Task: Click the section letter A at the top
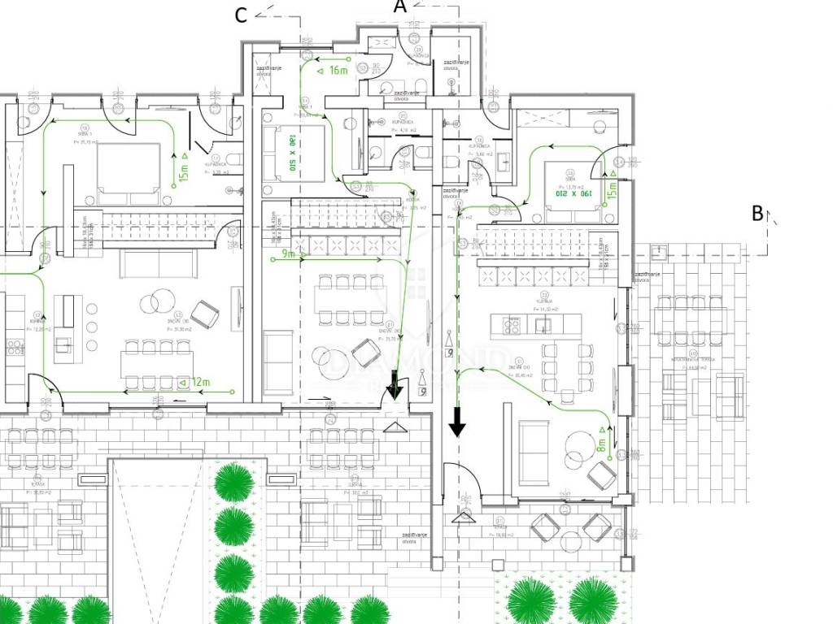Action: click(399, 6)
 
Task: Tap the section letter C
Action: click(241, 15)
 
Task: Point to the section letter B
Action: click(757, 214)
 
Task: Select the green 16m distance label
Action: click(338, 70)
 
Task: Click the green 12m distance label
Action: click(200, 382)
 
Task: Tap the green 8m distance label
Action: click(602, 444)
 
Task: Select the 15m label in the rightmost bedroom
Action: click(612, 188)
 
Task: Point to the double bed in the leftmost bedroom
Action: click(129, 173)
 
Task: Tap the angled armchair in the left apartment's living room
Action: click(203, 313)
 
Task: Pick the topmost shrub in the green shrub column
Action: click(233, 481)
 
